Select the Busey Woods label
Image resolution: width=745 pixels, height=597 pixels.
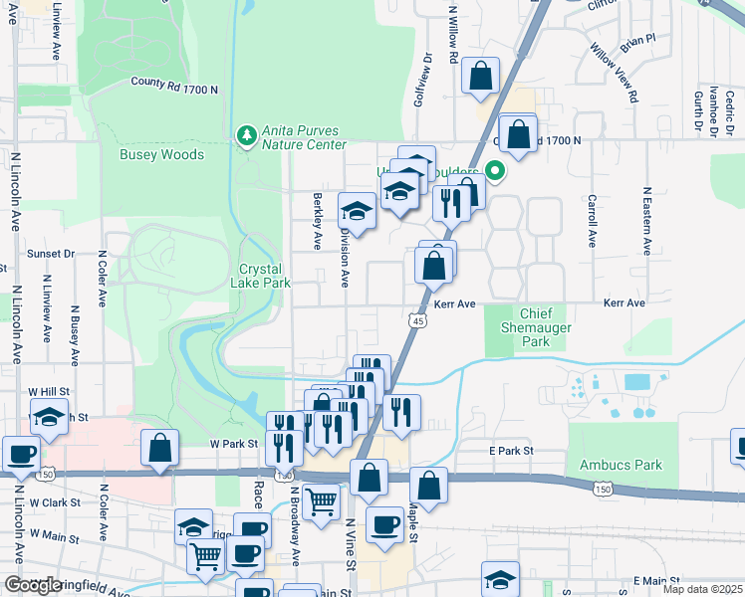(x=161, y=154)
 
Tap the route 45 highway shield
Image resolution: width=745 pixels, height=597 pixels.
(x=418, y=320)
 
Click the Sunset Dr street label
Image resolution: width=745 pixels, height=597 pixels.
(x=51, y=254)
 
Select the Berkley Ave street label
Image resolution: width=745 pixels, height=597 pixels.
(x=318, y=221)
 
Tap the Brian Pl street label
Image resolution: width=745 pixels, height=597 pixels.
(x=637, y=43)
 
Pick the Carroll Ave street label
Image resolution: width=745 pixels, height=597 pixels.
(x=593, y=221)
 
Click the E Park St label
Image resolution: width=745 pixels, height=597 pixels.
(x=512, y=451)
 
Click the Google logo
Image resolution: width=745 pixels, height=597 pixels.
(x=33, y=585)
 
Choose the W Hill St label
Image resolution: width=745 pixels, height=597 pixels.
(x=48, y=392)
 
